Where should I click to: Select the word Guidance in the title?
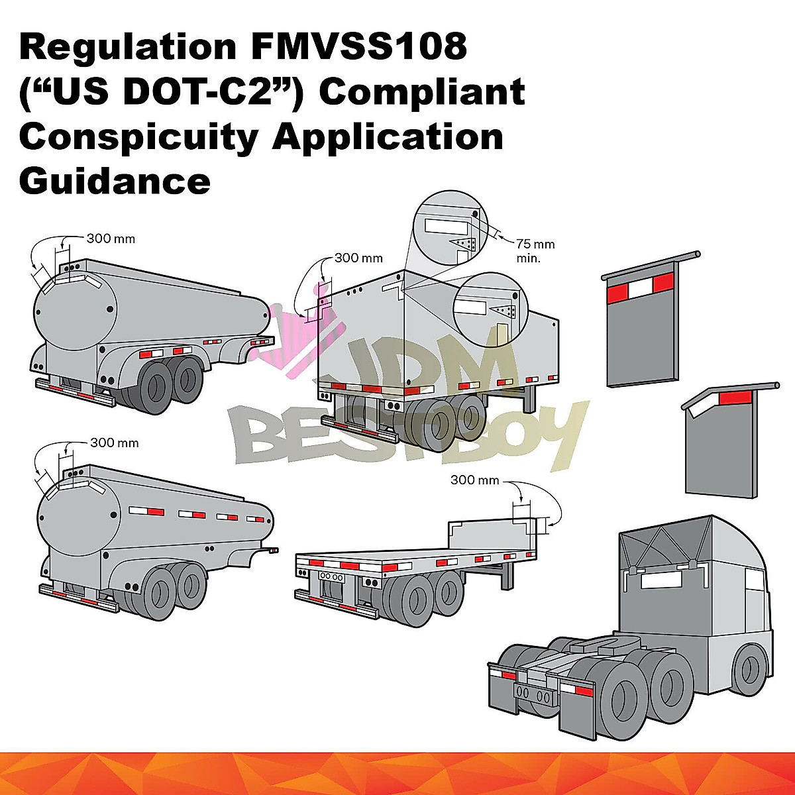click(x=115, y=180)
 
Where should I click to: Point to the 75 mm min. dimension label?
click(x=533, y=251)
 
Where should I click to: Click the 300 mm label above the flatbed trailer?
click(x=474, y=480)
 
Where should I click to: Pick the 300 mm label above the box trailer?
click(x=358, y=258)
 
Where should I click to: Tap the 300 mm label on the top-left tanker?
click(x=111, y=238)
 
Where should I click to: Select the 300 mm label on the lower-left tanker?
click(x=114, y=443)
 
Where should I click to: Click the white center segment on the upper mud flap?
click(x=641, y=288)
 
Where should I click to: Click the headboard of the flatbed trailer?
click(x=487, y=535)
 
